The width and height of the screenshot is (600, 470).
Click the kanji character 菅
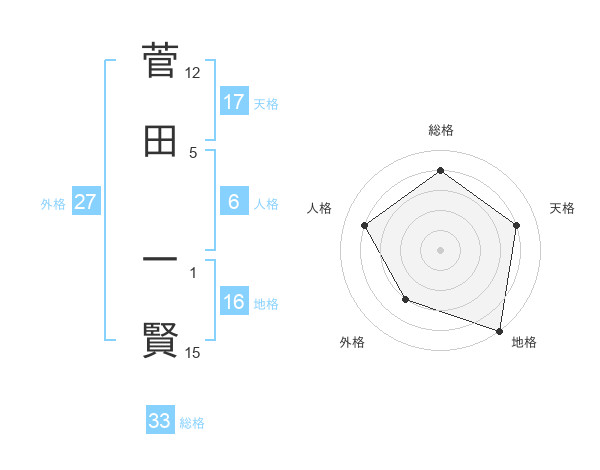(x=160, y=61)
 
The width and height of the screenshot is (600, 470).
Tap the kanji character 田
(x=160, y=141)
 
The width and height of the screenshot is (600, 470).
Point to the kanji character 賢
(x=160, y=340)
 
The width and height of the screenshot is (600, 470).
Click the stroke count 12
(x=193, y=73)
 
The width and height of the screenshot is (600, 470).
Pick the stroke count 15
(x=193, y=352)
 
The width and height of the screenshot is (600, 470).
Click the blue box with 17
(x=233, y=102)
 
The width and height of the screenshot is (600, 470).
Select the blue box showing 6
(x=233, y=202)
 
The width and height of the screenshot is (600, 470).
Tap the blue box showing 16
(x=233, y=302)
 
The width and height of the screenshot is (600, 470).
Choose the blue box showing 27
(x=85, y=202)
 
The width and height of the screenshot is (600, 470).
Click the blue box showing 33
(x=159, y=421)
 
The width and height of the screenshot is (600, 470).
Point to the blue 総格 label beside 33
(x=192, y=423)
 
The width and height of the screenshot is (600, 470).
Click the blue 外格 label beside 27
(x=53, y=204)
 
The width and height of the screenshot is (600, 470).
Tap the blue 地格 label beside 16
(x=266, y=304)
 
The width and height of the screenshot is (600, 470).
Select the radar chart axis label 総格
(x=441, y=130)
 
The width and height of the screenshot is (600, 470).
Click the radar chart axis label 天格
(x=563, y=208)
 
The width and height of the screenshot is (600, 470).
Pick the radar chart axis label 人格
(x=320, y=208)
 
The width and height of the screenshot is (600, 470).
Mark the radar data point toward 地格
(x=500, y=330)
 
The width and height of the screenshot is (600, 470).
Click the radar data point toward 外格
(x=405, y=299)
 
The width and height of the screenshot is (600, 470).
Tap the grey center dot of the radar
(x=441, y=249)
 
